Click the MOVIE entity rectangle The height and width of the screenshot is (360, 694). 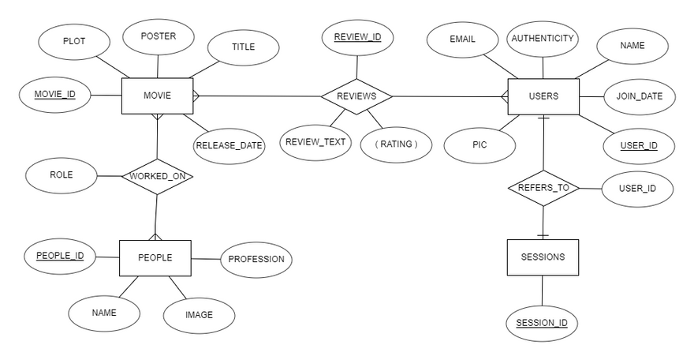[x=157, y=96]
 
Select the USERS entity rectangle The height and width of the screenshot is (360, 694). [x=543, y=96]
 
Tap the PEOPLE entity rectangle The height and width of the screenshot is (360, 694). [x=155, y=257]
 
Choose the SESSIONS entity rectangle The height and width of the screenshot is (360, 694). [x=543, y=257]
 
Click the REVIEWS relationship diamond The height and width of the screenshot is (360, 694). [x=356, y=96]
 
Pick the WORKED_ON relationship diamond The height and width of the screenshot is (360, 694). [x=158, y=176]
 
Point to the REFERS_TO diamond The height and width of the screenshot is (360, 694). [x=543, y=188]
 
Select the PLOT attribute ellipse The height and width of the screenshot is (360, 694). [x=74, y=40]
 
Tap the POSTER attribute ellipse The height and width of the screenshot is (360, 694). [x=159, y=36]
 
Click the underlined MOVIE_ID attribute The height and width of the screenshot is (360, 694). [x=54, y=96]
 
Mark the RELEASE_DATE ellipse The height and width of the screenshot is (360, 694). [x=229, y=145]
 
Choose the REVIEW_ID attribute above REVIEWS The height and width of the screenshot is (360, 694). [x=357, y=37]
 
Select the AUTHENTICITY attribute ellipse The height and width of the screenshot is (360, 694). [x=543, y=39]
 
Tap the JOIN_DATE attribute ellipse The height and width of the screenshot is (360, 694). [x=640, y=97]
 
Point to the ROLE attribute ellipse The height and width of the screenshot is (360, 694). [x=61, y=175]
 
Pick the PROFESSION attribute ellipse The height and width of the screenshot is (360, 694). [x=256, y=259]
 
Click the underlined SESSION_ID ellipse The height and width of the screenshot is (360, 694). [x=542, y=323]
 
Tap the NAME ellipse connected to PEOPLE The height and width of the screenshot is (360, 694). [x=104, y=313]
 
